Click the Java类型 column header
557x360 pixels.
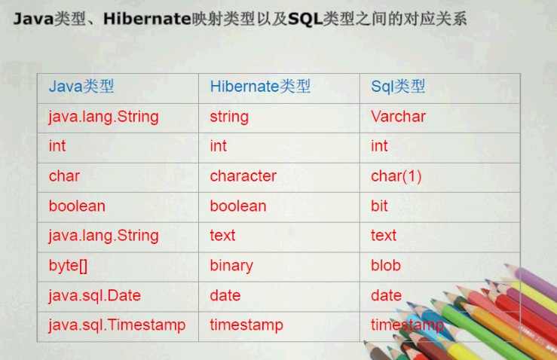point(81,87)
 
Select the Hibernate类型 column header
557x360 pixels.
point(260,87)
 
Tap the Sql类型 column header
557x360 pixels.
point(398,87)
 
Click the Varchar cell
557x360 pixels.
point(398,117)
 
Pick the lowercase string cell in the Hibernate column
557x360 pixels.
point(229,117)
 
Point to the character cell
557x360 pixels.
point(243,176)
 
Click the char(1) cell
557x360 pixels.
point(396,176)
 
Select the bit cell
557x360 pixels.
point(379,206)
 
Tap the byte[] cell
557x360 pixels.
point(68,266)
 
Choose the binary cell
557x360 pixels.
point(231,266)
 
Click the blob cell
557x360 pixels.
point(386,265)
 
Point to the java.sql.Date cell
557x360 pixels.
point(94,296)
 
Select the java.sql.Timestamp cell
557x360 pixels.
point(117,325)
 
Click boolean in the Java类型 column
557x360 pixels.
point(77,206)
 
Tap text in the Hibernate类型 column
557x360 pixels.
point(222,236)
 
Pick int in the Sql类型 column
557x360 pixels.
point(379,146)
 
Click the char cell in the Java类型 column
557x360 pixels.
point(64,176)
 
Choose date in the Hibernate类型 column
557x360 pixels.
point(225,295)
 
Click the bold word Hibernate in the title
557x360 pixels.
point(147,19)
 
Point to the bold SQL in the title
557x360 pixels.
point(305,19)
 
